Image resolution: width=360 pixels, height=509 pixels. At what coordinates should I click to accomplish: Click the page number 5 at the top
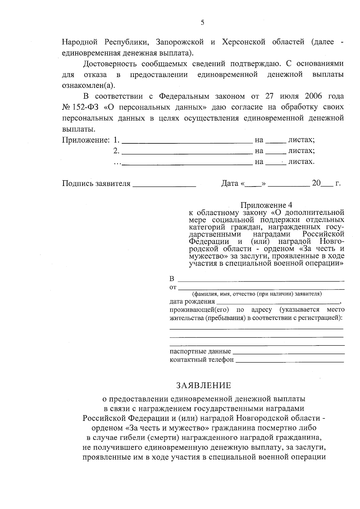point(202,23)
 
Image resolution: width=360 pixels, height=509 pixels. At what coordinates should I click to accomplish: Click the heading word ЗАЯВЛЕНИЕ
point(204,385)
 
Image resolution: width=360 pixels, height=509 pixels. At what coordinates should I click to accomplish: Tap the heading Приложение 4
point(266,205)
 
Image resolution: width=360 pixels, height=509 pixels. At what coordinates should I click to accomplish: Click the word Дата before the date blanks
point(230,183)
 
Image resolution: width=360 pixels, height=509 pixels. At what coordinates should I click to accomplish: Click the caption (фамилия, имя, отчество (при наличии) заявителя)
point(257,294)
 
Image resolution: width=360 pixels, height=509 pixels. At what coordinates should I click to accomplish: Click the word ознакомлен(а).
point(88,85)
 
